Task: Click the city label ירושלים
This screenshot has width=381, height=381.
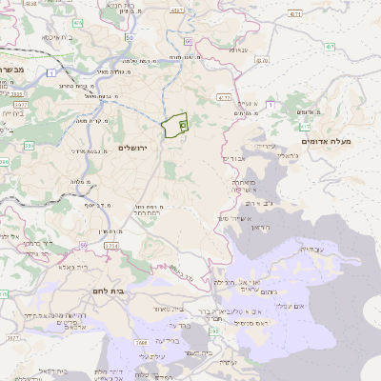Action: click(x=134, y=149)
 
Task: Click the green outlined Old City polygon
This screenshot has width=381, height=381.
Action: click(x=173, y=126)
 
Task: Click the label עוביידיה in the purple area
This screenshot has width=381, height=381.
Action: click(x=311, y=249)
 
